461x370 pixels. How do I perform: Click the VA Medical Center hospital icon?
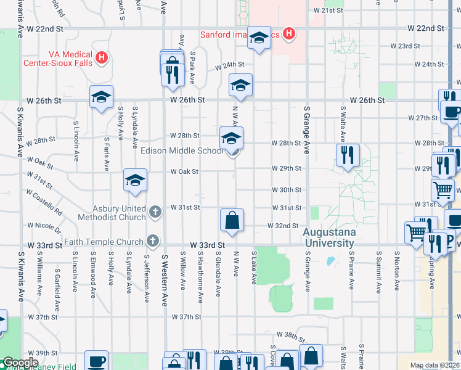pos(102,59)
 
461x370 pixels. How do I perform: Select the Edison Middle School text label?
pos(182,151)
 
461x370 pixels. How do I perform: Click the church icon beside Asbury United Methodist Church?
pos(155,212)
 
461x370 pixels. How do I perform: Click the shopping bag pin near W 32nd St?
pos(232,221)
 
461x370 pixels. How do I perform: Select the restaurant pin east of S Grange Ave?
pos(348,156)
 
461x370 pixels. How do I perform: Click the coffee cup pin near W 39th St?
pos(96,361)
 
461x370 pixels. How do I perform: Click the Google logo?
pos(21,363)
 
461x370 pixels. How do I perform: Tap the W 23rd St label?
pos(405,46)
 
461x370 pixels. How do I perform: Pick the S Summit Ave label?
pos(378,269)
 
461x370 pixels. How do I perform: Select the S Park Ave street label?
pos(192,67)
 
